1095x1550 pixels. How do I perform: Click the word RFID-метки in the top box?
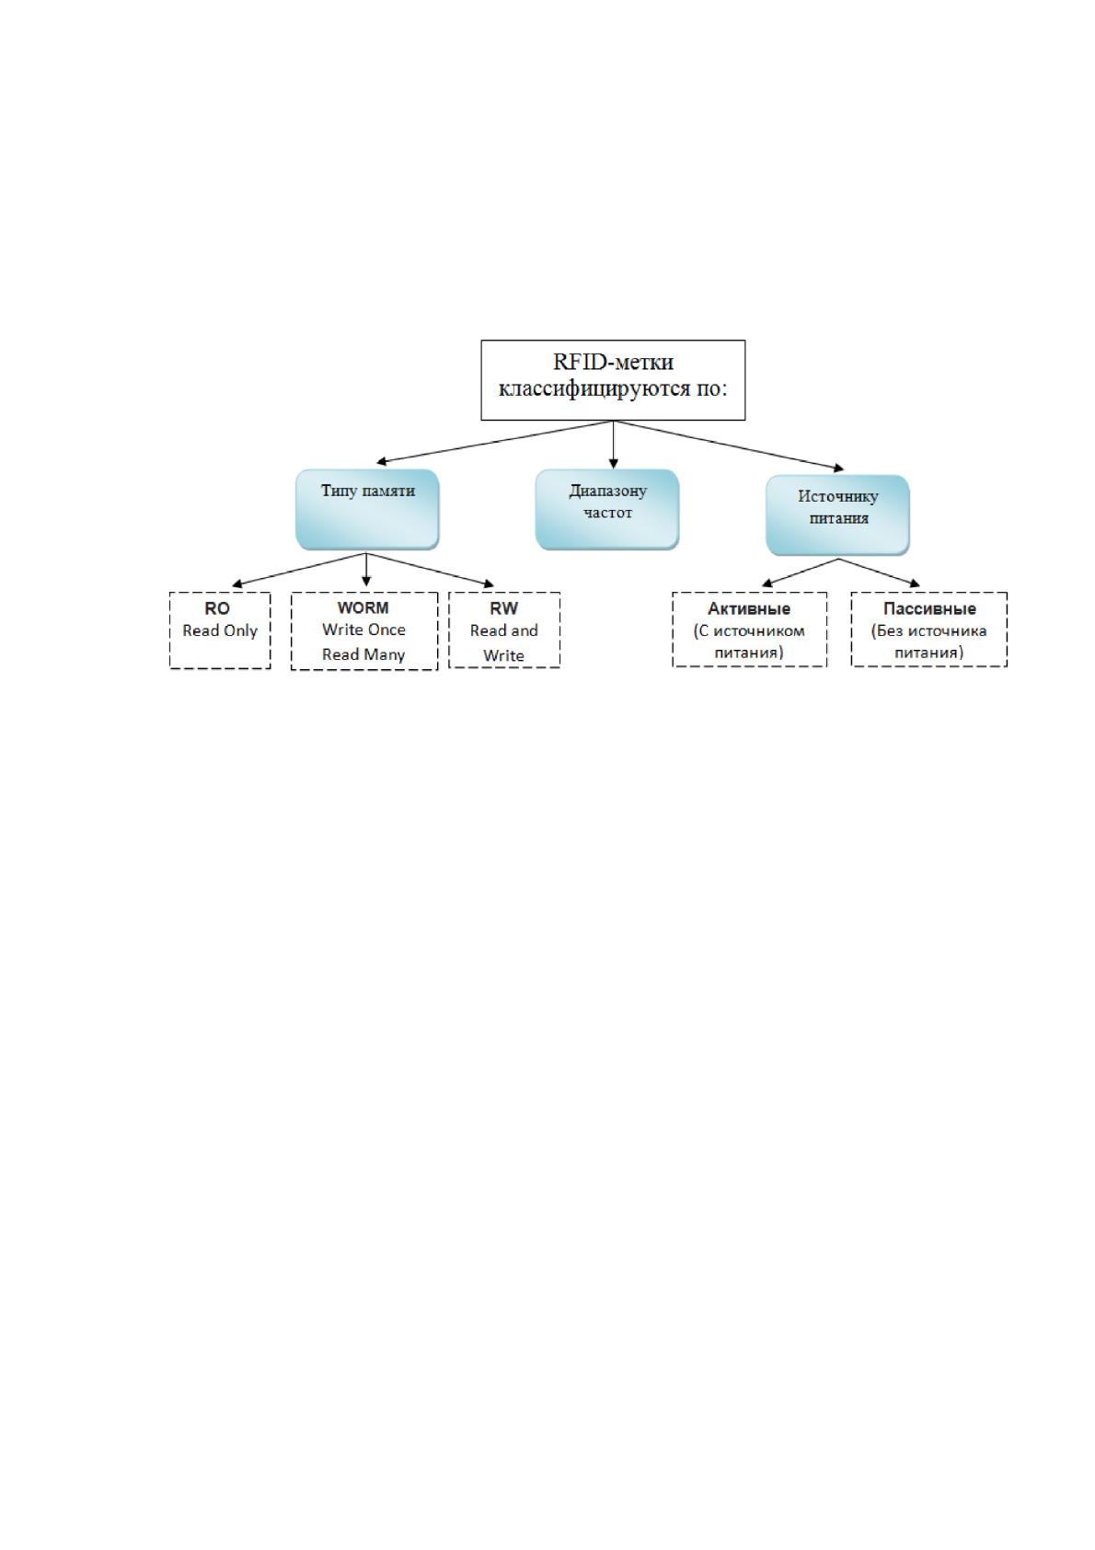(613, 362)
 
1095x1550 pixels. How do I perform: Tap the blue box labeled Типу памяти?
(367, 509)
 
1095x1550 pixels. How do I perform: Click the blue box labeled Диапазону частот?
(607, 509)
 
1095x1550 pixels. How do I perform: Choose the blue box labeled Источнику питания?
(837, 515)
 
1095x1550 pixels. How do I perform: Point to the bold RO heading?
(217, 608)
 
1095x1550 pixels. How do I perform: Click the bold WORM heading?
(363, 607)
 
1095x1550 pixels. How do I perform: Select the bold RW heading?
(503, 608)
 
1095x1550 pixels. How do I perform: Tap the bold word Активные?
(749, 609)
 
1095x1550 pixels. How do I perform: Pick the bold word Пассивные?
(929, 609)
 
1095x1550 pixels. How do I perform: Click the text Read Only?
(220, 631)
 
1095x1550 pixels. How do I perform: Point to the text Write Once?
(363, 630)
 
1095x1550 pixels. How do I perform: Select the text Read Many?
(363, 654)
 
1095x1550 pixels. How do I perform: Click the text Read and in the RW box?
(503, 630)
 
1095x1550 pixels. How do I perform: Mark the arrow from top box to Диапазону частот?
(613, 445)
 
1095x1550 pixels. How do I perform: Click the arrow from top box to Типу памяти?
(494, 442)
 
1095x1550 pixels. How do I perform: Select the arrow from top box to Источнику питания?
(729, 445)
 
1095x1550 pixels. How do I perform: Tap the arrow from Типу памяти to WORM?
(366, 570)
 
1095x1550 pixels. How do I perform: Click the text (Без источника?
(929, 631)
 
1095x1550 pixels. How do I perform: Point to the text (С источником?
(749, 631)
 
